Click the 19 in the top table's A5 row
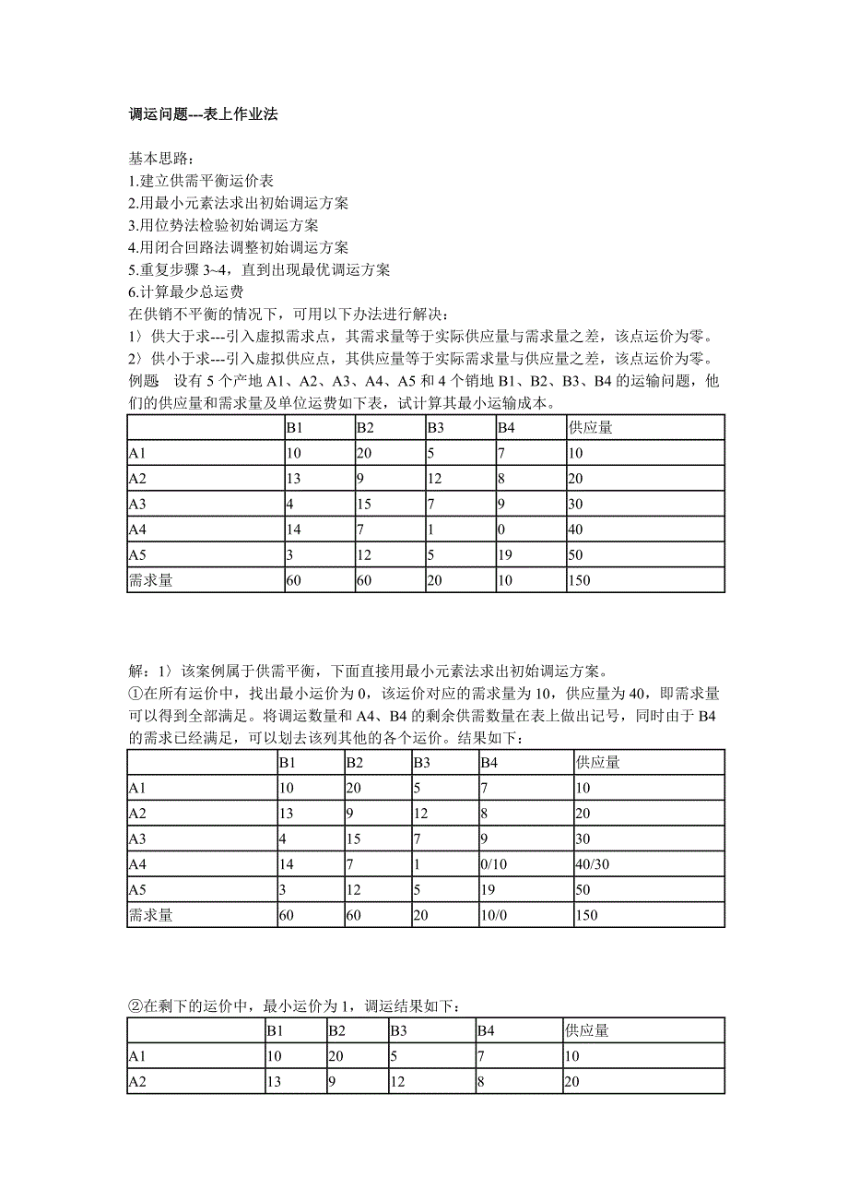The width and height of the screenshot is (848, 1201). tap(504, 558)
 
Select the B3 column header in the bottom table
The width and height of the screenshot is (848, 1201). tap(399, 1030)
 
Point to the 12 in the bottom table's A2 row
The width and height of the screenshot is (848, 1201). tap(398, 1082)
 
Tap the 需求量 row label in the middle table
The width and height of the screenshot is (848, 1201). tap(151, 915)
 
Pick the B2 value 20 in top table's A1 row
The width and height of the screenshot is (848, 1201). tap(365, 454)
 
